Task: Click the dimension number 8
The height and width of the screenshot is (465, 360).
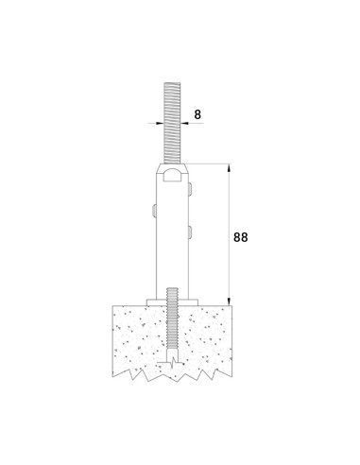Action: (x=197, y=114)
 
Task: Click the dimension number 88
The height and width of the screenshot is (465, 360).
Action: (x=241, y=237)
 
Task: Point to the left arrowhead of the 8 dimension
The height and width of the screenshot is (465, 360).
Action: (x=161, y=124)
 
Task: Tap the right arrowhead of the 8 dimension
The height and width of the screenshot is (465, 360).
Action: (x=184, y=124)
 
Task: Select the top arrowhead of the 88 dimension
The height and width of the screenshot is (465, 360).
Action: (x=229, y=168)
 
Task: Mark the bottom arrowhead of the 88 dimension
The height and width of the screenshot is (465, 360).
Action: (x=229, y=301)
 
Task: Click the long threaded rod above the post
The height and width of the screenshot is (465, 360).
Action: (x=172, y=123)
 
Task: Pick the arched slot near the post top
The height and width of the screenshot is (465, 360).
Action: (x=172, y=175)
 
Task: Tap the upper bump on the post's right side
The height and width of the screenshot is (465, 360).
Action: (x=190, y=188)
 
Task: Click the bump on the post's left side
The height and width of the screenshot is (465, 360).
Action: (x=154, y=211)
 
